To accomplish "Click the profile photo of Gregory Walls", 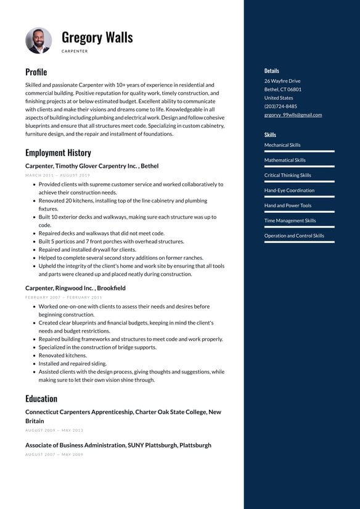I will tap(38, 40).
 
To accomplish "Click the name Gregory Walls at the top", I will tap(97, 37).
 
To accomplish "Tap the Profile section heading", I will tap(36, 72).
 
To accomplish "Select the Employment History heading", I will tap(58, 152).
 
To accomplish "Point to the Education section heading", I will tap(41, 399).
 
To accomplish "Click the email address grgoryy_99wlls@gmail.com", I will tap(293, 115).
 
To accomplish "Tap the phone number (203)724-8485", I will tap(280, 106).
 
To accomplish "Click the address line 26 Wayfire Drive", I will tap(282, 81).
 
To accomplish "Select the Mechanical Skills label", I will tap(282, 145).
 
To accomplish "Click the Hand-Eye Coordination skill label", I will tap(289, 191).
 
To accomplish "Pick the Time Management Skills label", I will tap(290, 221).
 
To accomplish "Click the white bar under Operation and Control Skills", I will tap(299, 242).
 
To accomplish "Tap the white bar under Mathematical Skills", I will tap(299, 166).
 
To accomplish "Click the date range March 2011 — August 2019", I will tap(57, 175).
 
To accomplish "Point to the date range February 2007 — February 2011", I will tap(63, 297).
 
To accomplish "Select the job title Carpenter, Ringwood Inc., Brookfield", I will tap(75, 288).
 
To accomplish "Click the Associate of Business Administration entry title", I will tap(118, 445).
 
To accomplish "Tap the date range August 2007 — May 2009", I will tap(54, 455).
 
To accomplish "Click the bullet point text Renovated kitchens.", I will tap(62, 355).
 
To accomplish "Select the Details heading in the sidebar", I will tap(271, 71).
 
